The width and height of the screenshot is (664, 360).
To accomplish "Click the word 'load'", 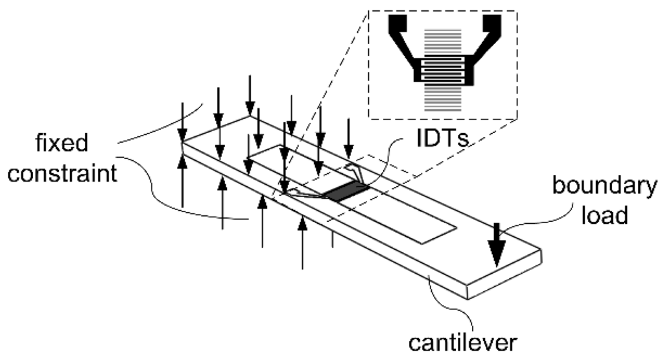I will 604,215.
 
